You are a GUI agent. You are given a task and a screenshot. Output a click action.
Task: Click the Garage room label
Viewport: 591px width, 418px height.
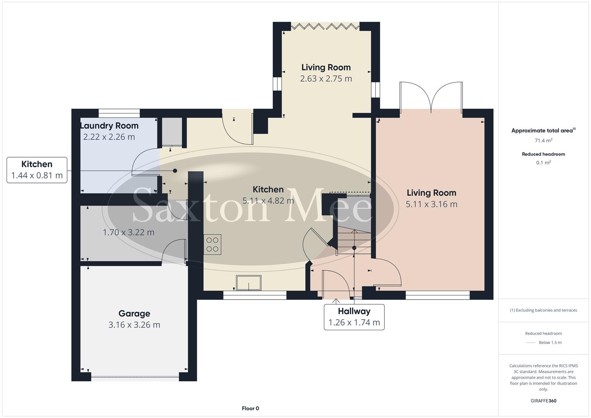click(134, 313)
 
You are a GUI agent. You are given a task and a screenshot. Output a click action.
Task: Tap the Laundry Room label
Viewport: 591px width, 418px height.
click(109, 126)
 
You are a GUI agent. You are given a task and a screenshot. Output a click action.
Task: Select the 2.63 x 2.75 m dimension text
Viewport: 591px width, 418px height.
click(326, 79)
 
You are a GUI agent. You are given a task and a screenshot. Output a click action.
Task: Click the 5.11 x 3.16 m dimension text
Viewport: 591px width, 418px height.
click(431, 204)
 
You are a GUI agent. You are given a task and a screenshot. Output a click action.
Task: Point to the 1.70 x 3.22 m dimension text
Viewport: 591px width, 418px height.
click(128, 232)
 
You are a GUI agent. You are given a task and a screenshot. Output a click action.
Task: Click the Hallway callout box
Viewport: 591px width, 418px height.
click(354, 317)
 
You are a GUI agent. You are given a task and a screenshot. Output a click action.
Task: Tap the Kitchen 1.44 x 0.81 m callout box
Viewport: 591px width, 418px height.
click(37, 170)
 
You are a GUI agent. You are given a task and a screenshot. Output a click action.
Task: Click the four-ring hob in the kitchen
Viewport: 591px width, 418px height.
click(212, 244)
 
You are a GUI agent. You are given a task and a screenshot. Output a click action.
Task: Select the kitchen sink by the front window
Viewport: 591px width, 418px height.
click(249, 283)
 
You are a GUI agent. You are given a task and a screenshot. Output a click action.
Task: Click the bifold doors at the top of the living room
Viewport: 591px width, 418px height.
click(325, 26)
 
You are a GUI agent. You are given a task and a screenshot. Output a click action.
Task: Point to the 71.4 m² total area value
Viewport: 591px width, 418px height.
click(543, 140)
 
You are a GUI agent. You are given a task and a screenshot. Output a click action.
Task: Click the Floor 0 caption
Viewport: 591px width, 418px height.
click(250, 408)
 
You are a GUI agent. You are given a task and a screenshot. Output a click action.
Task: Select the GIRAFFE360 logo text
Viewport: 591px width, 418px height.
click(543, 401)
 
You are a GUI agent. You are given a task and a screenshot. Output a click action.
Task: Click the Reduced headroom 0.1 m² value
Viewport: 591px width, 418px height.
click(543, 163)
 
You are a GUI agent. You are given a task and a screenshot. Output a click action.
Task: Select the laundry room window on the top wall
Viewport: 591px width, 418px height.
click(119, 113)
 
